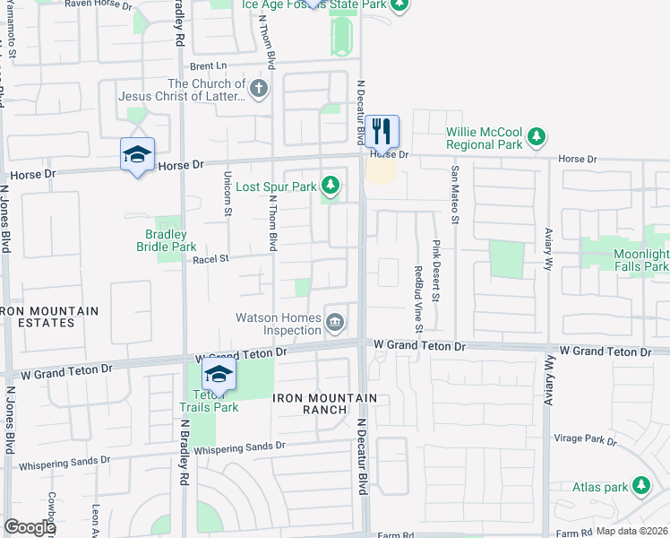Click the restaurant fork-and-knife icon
point(382,131)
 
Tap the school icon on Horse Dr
point(137,155)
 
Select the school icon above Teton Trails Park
point(219,374)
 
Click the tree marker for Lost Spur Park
point(331,186)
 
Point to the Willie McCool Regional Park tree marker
point(536,137)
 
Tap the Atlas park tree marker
point(640,486)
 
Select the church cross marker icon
point(259,89)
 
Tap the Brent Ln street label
point(208,66)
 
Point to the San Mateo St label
point(455,194)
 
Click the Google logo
point(30,527)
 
